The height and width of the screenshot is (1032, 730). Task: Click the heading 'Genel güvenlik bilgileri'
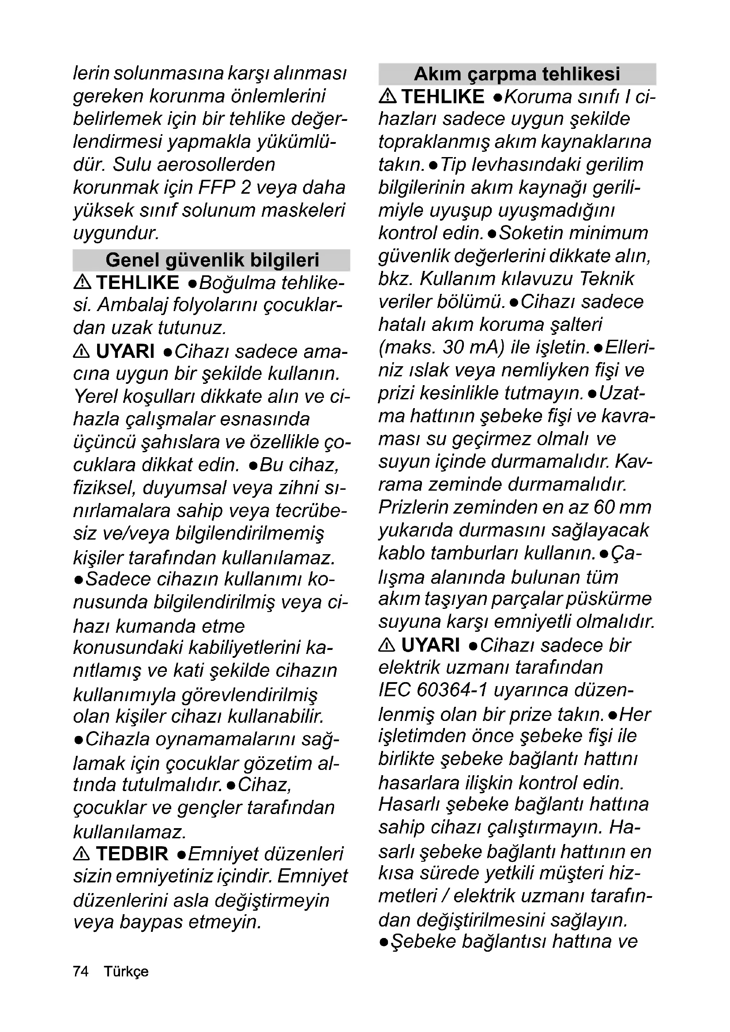click(x=212, y=260)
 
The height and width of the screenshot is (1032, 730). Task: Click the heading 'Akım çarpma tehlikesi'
click(x=517, y=74)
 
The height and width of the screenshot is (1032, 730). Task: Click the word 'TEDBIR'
click(x=132, y=854)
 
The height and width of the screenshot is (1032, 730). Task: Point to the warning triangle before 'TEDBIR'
click(x=81, y=854)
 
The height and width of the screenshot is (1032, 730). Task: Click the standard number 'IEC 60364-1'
click(x=433, y=691)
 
